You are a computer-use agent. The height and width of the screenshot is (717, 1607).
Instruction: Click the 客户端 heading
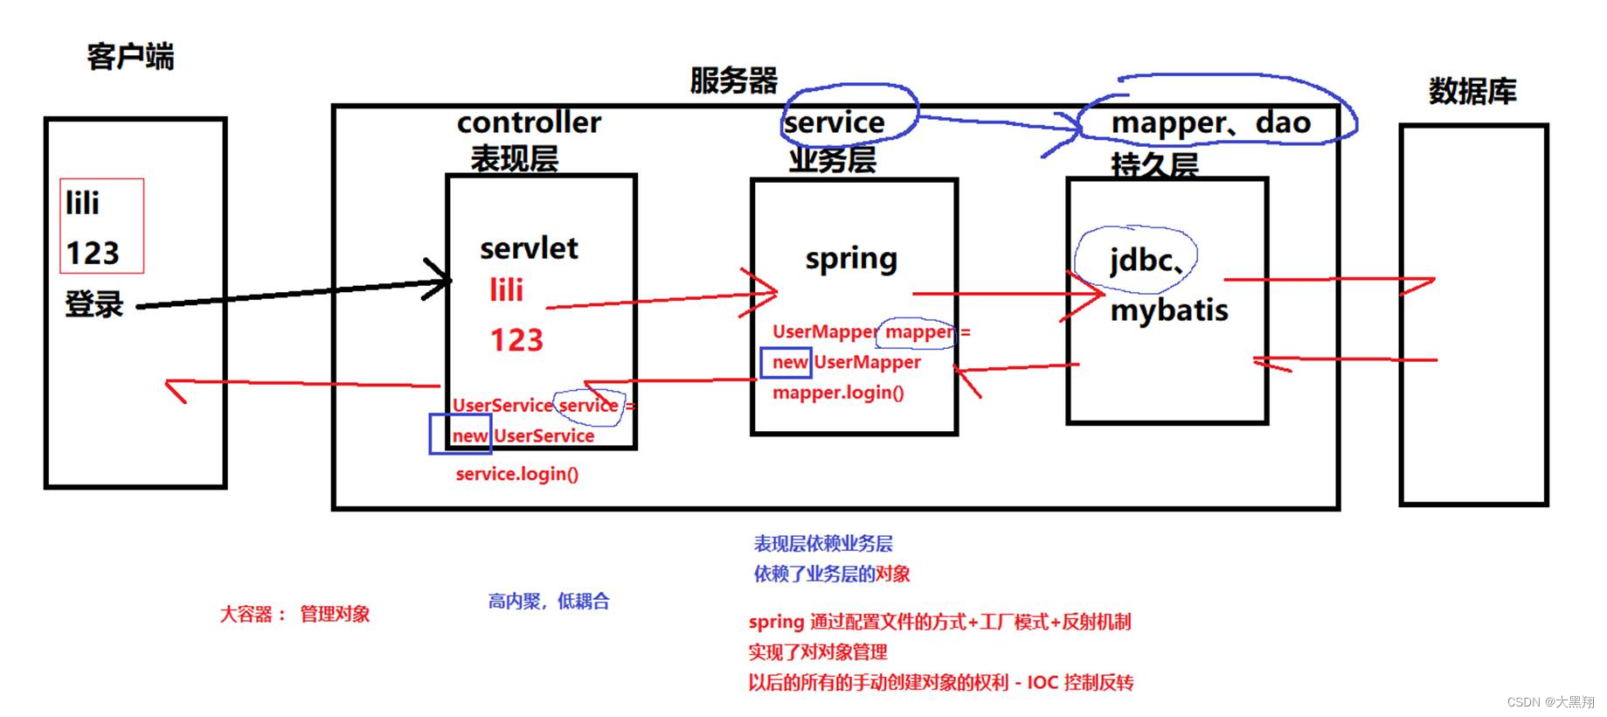pos(130,57)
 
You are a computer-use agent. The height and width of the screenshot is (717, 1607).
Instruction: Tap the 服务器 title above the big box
pos(733,80)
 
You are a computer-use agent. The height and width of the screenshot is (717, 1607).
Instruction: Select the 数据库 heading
pos(1472,91)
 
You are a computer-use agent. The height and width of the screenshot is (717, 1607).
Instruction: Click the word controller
pos(529,122)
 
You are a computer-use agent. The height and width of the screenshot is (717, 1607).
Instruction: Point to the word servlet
pos(529,248)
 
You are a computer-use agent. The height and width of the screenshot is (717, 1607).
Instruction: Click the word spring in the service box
pos(851,260)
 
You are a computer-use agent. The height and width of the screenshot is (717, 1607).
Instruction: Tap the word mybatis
pos(1169,310)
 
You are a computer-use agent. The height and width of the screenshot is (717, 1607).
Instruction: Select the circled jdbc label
pos(1140,260)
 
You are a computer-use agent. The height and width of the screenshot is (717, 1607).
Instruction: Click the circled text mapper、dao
pos(1211,123)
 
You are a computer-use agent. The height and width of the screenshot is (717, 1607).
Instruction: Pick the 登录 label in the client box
pos(94,304)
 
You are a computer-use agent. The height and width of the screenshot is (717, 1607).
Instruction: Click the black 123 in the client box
pos(93,254)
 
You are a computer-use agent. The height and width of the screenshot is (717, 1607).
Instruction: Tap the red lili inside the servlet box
pos(506,290)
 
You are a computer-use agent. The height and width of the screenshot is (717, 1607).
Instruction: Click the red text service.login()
pos(516,474)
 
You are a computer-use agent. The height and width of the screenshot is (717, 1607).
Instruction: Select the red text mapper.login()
pos(838,393)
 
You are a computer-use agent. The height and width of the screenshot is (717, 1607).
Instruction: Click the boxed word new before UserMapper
pos(787,362)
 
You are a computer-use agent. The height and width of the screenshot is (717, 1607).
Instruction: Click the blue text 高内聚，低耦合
pos(549,602)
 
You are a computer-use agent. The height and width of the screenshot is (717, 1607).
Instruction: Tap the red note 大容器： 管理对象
pos(294,614)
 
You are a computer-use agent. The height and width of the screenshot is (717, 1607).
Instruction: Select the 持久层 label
pos(1153,164)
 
